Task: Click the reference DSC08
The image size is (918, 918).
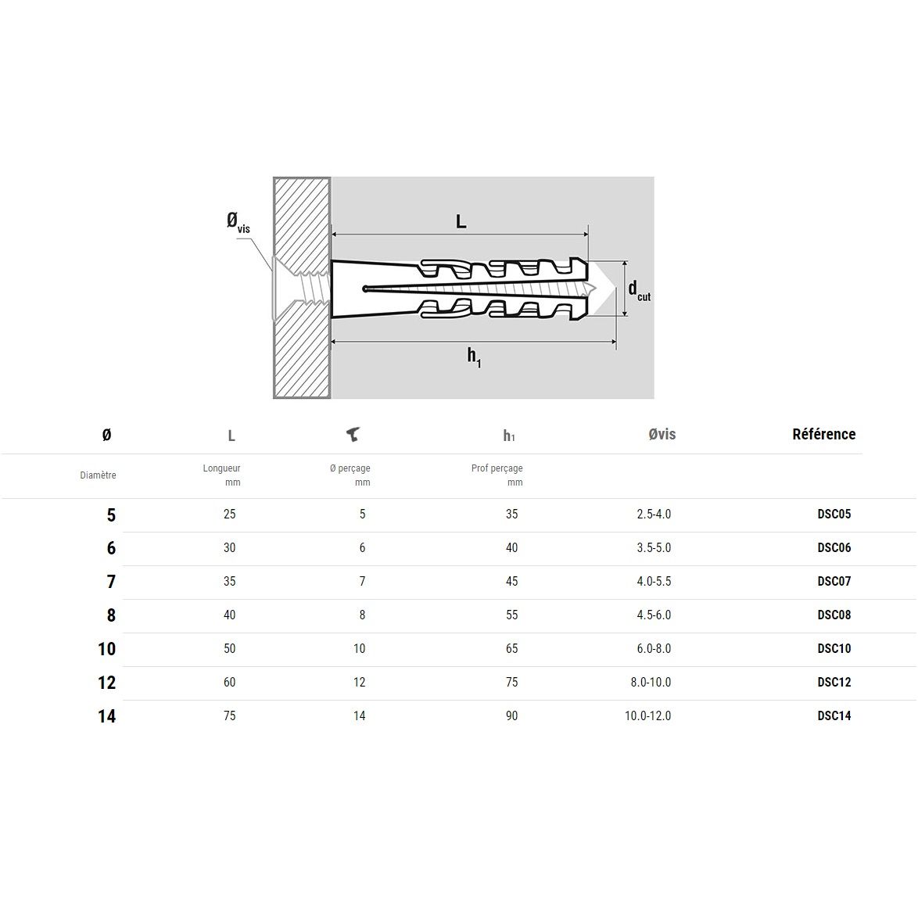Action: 834,615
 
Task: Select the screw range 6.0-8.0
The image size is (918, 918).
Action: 654,648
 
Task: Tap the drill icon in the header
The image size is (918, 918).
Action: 353,435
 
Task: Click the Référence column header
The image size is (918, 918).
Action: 823,435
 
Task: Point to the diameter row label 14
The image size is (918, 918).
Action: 107,716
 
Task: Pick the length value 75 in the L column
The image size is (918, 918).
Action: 229,715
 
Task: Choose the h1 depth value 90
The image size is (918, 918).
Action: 511,715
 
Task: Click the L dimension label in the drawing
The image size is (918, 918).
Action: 461,222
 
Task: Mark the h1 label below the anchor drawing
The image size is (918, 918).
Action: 474,357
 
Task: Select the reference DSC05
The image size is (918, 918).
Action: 834,514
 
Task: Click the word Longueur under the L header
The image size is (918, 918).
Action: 221,468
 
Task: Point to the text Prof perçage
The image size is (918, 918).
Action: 497,468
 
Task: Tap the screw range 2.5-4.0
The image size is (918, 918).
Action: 654,514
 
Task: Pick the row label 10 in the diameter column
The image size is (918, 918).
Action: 107,649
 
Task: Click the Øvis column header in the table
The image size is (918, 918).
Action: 662,435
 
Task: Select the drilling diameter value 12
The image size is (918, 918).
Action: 359,682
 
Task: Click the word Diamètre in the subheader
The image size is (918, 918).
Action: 98,475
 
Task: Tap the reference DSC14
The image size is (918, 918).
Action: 834,715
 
